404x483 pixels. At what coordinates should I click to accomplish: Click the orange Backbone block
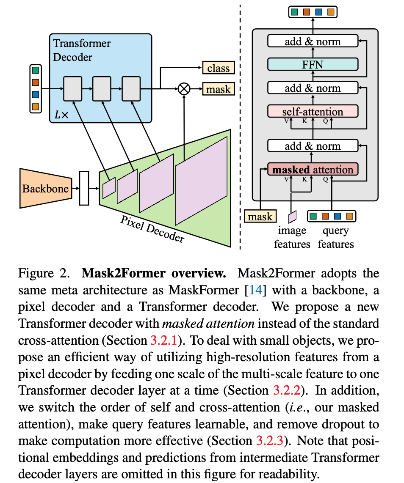[45, 188]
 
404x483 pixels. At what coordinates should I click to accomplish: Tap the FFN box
[313, 65]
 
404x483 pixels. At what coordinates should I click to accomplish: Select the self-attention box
[313, 112]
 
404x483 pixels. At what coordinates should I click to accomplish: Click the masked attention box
[313, 170]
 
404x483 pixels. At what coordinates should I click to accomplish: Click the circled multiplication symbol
[184, 89]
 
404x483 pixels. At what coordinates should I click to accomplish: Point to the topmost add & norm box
[313, 41]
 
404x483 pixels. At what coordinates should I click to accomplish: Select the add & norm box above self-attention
[313, 88]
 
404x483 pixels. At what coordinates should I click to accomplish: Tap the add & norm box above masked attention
[313, 146]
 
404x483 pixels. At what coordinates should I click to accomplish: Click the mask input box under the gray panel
[260, 217]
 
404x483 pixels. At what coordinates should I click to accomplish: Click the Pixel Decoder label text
[152, 228]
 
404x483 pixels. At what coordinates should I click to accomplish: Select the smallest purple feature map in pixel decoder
[109, 188]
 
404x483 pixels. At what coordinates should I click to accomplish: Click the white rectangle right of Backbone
[84, 188]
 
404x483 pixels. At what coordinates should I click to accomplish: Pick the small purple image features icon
[292, 217]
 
